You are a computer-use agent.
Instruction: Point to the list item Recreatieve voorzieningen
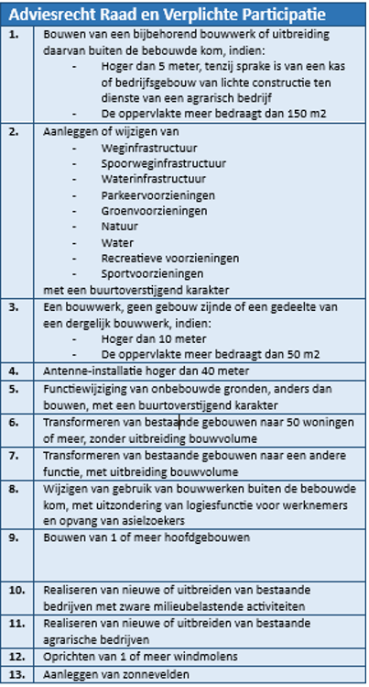click(x=166, y=259)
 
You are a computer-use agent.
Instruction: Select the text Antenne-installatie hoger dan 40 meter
click(x=140, y=371)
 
